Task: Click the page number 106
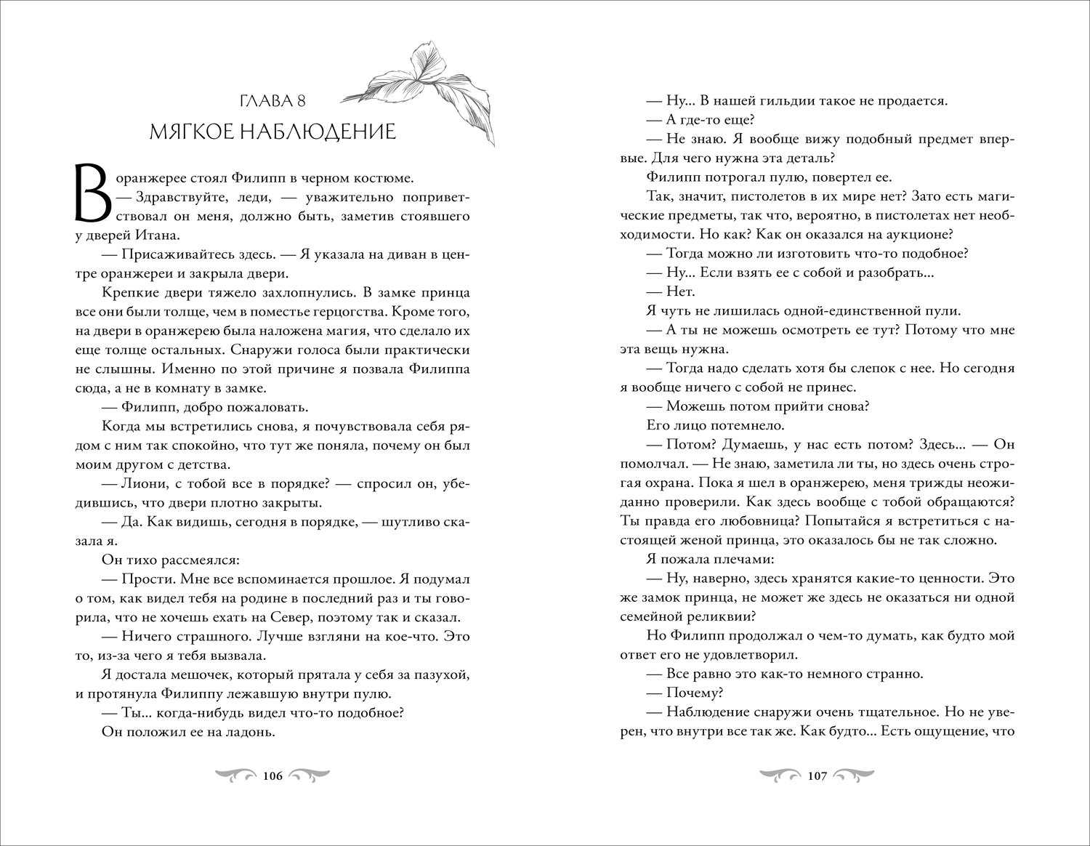coord(272,776)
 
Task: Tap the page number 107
coord(817,776)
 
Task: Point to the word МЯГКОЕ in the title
coord(190,132)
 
